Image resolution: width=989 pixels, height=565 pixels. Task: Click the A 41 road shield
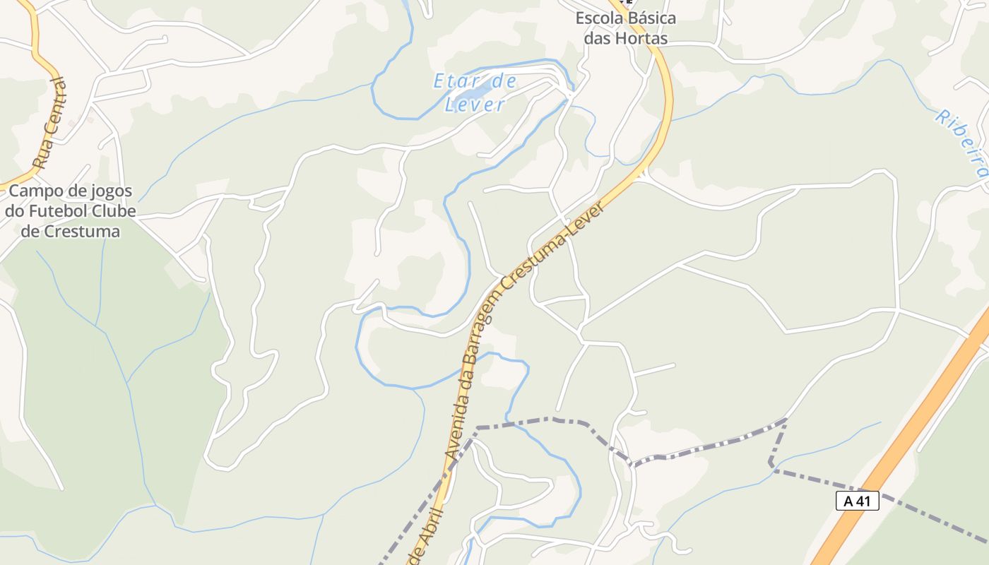tap(857, 501)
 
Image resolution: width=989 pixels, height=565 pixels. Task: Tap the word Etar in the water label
tap(452, 82)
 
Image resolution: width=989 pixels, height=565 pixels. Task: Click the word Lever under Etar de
tap(475, 105)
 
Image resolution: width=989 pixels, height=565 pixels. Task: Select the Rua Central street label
tap(52, 124)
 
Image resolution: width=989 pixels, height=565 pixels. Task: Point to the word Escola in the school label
tap(601, 18)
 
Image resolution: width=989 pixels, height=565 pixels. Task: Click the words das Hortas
tap(625, 38)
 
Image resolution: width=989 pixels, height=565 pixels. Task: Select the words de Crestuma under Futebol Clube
tap(70, 231)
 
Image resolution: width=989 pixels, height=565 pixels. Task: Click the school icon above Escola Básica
tap(624, 2)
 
